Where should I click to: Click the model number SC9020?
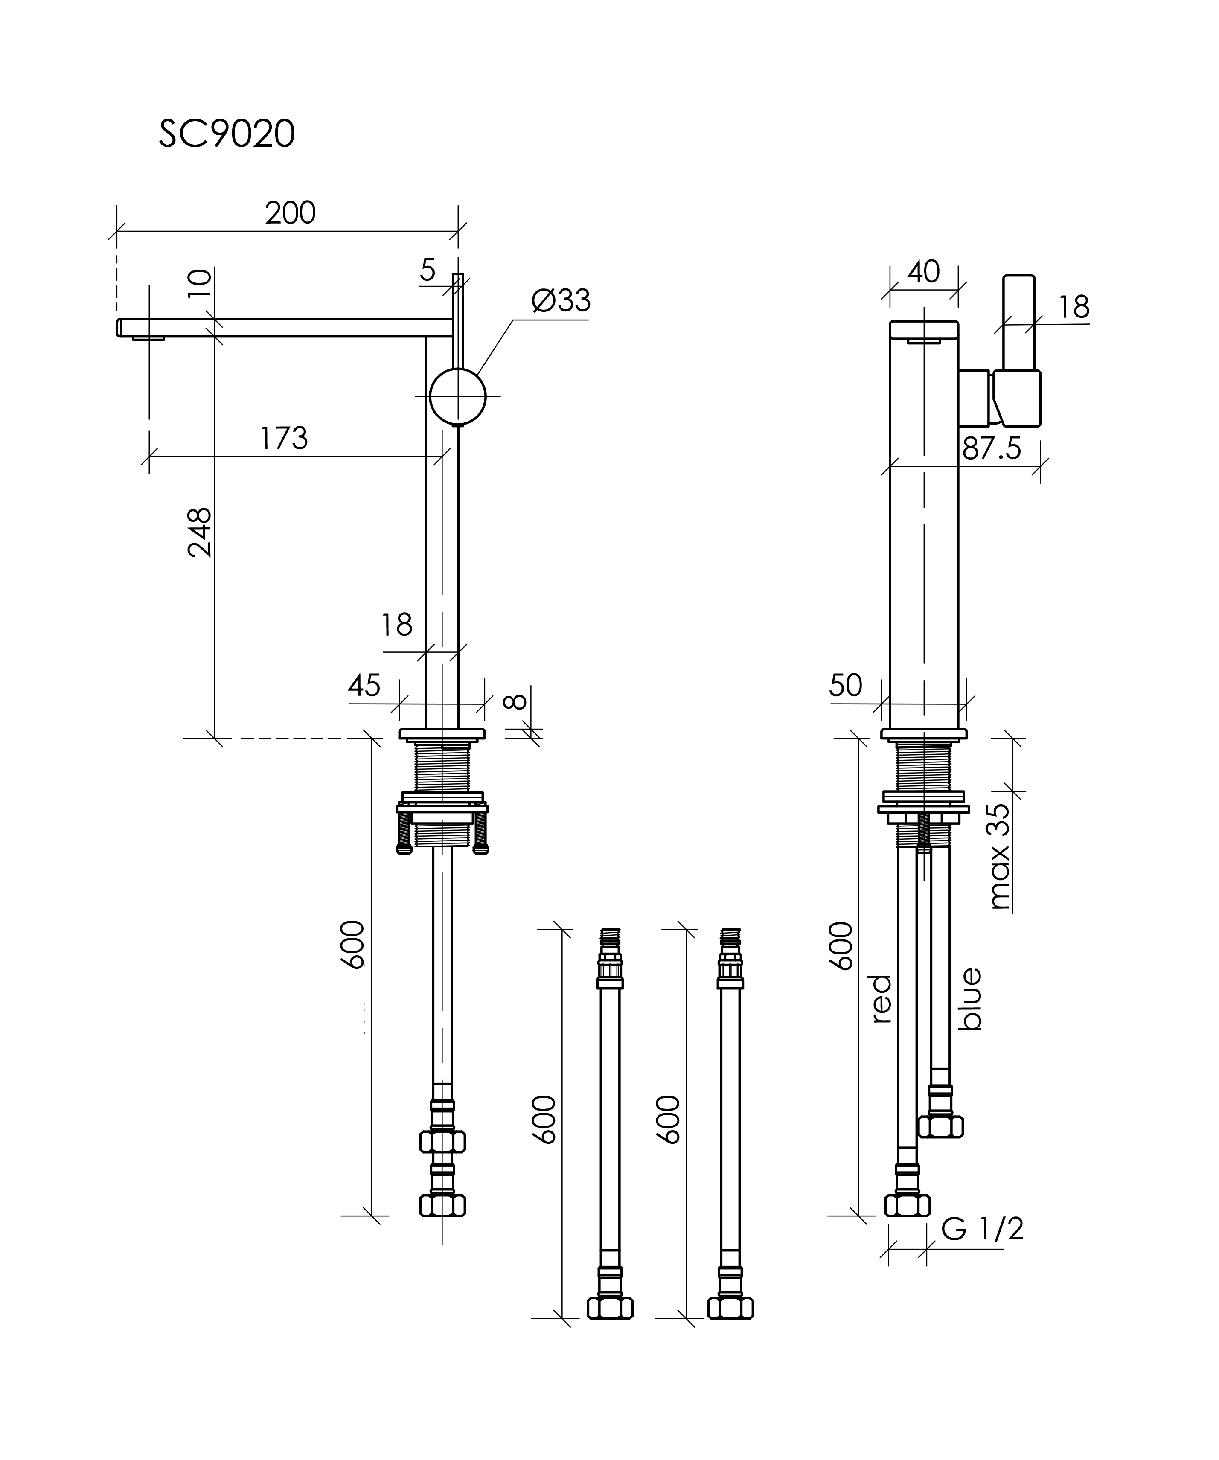pos(227,134)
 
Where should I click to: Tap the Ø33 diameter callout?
pos(561,301)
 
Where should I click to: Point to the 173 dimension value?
pos(284,438)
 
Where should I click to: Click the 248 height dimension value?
pos(200,532)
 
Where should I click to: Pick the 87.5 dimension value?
pos(992,449)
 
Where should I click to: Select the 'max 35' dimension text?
pos(999,857)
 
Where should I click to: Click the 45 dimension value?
pos(364,686)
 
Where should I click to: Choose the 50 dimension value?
pos(846,686)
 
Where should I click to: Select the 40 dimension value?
pos(923,272)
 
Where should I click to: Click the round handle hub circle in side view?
pos(457,397)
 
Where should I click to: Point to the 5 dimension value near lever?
pos(428,270)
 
